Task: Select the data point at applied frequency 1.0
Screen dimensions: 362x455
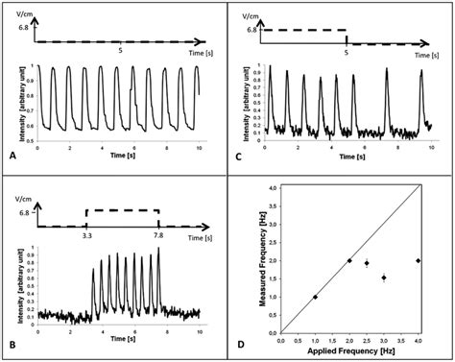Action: point(315,298)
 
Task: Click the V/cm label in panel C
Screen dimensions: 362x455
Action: point(251,15)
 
